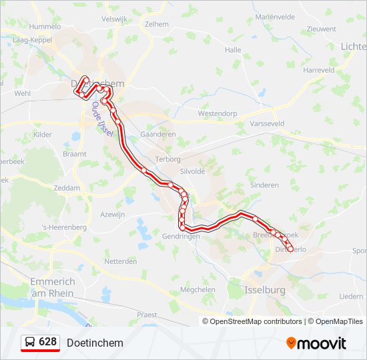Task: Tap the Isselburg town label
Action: coord(265,290)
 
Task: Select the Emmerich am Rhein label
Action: coord(53,287)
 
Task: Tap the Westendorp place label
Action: coord(218,114)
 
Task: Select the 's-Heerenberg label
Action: coord(64,227)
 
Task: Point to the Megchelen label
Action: coord(198,290)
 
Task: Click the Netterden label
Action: coord(121,261)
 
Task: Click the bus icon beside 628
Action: coord(30,343)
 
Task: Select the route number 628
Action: coord(48,342)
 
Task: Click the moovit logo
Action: coord(316,343)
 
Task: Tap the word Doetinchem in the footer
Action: coord(95,343)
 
